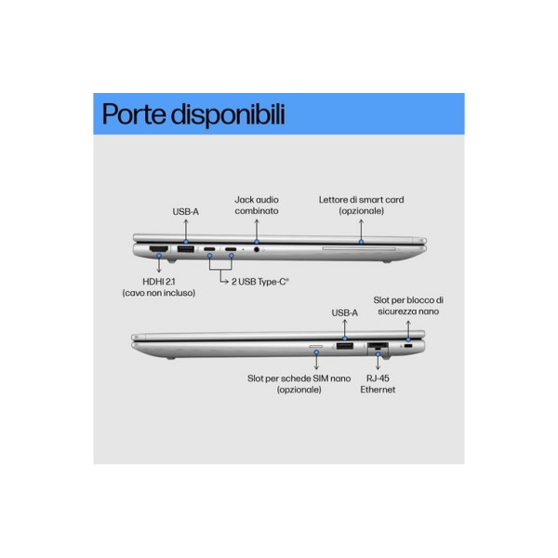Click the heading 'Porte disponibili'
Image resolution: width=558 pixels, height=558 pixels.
(193, 114)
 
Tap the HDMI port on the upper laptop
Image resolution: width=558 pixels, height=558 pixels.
(159, 248)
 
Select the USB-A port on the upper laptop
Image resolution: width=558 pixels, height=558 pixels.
(186, 249)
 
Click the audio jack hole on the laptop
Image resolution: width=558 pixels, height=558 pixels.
(257, 249)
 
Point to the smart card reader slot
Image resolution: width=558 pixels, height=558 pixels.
(359, 248)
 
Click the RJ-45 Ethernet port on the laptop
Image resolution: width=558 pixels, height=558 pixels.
(378, 346)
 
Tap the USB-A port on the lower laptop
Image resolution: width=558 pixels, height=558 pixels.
(344, 345)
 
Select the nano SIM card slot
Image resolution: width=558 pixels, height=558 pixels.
(316, 346)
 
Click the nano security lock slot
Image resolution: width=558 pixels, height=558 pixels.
(408, 346)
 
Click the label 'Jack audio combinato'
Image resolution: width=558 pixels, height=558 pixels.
(257, 206)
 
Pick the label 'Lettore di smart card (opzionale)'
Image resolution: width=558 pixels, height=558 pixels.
(361, 206)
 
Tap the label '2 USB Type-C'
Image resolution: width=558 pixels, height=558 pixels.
(260, 282)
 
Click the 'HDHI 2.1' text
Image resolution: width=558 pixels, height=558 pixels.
(159, 282)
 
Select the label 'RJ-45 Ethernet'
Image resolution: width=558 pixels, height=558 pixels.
(378, 384)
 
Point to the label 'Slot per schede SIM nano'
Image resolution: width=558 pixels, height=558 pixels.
(299, 379)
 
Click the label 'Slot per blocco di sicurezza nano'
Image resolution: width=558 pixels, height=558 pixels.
(408, 306)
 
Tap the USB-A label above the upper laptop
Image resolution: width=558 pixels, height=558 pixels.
(185, 212)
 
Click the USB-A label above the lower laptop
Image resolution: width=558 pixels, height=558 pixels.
(344, 312)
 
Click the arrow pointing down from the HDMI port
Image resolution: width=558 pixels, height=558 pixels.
(159, 264)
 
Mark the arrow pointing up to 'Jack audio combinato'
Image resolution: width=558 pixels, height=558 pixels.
(257, 231)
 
